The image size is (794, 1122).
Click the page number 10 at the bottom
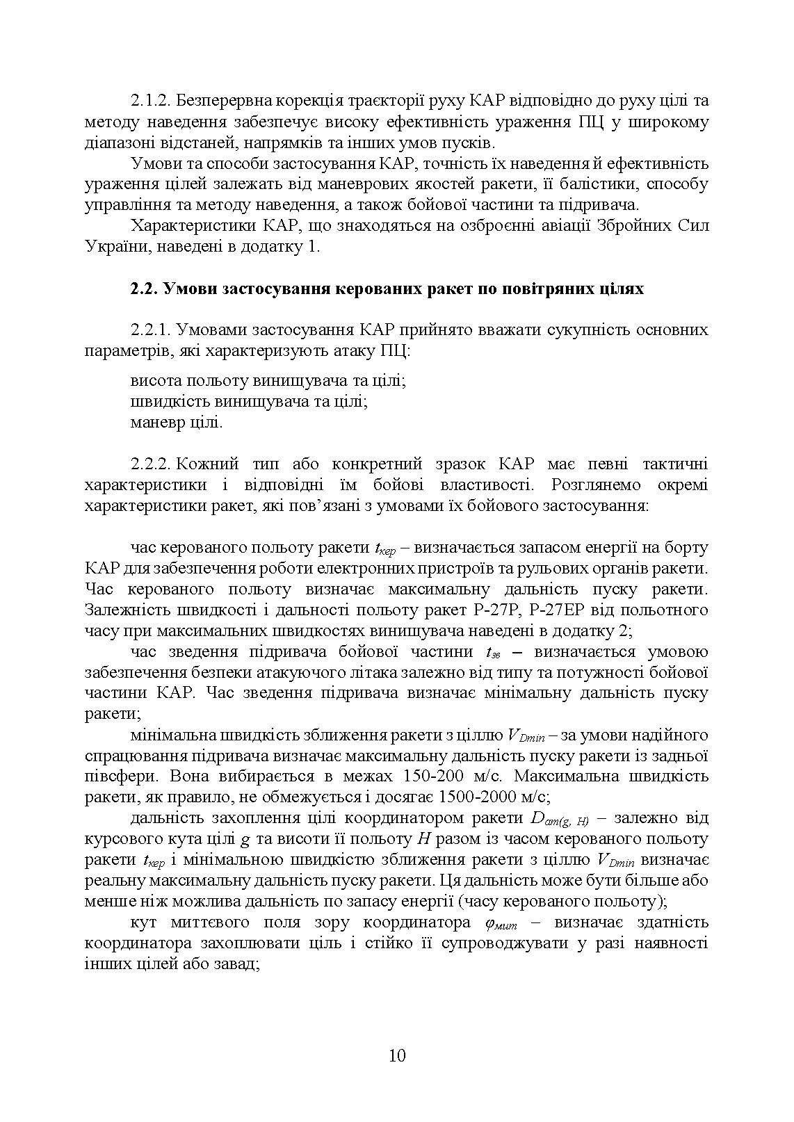coord(397,1055)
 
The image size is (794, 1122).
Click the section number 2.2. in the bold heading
coord(144,288)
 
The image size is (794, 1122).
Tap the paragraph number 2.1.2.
coord(149,101)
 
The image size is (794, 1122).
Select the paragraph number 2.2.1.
coord(149,330)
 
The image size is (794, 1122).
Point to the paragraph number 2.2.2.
coord(149,464)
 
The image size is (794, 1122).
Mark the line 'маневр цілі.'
coord(177,422)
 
